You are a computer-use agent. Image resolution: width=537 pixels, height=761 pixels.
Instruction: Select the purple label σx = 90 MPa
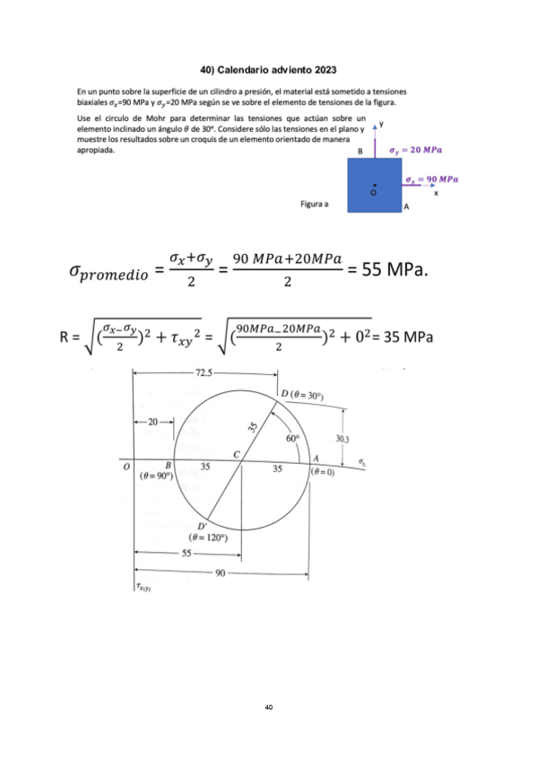point(431,179)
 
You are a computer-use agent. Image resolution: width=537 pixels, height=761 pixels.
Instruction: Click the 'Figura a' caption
point(314,205)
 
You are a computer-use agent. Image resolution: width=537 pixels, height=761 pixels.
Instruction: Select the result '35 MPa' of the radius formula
point(409,337)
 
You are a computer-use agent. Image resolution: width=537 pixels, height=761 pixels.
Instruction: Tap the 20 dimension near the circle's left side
point(152,421)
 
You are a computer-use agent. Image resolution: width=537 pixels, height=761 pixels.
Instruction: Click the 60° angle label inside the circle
point(293,439)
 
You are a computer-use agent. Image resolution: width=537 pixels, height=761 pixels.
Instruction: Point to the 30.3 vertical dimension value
point(343,439)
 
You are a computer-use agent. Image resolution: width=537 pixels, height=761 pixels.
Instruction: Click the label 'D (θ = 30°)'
point(302,395)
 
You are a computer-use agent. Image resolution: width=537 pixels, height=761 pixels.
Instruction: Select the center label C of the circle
point(236,456)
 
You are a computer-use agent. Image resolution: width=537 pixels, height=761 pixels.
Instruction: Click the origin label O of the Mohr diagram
point(126,467)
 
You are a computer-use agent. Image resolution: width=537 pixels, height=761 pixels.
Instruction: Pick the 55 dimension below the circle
point(187,554)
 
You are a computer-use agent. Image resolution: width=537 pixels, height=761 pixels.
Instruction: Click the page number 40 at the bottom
point(268,708)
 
